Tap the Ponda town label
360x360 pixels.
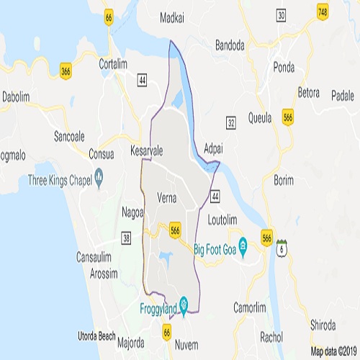(x=285, y=68)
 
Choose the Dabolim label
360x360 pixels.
(x=16, y=96)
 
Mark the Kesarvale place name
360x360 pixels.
(x=148, y=152)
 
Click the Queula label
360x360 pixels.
(x=260, y=117)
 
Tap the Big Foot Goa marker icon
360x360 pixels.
(x=243, y=245)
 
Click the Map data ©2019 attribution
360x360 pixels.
(x=333, y=352)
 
